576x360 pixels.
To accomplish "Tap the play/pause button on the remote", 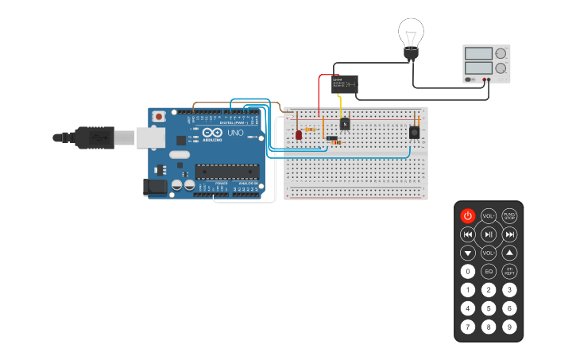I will pos(489,234).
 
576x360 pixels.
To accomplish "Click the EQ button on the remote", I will pos(489,272).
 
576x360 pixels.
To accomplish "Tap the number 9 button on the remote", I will pos(509,327).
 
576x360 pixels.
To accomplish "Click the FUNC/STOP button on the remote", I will pos(509,215).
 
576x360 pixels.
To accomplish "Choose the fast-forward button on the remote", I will pos(509,234).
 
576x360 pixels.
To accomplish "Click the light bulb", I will pos(411,37).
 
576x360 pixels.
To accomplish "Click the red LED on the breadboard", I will pos(299,135).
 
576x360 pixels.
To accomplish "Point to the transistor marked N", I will pos(344,124).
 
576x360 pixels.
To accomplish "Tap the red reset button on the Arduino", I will pos(159,117).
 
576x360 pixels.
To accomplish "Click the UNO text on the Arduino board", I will pos(235,133).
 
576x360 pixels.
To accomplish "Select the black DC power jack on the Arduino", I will pos(154,187).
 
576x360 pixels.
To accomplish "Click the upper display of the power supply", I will pos(479,53).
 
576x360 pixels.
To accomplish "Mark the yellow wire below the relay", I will pos(340,105).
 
